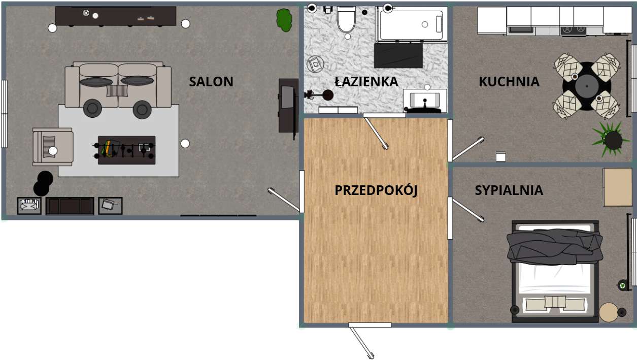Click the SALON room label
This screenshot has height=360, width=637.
click(211, 82)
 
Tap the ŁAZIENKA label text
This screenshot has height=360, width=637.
click(366, 82)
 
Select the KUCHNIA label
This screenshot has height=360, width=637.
click(509, 82)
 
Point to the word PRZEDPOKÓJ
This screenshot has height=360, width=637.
click(376, 190)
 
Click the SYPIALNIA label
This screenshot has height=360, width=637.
click(509, 190)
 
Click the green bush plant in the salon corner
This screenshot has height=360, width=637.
click(284, 20)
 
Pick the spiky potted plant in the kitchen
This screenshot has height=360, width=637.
click(611, 138)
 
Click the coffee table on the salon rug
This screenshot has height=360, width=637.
click(126, 150)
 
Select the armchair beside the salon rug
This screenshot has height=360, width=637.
click(52, 147)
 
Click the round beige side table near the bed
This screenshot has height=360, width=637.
click(608, 312)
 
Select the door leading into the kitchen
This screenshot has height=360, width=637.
click(467, 149)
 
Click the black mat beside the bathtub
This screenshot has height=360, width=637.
click(398, 55)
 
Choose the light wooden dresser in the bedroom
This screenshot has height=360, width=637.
click(618, 187)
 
